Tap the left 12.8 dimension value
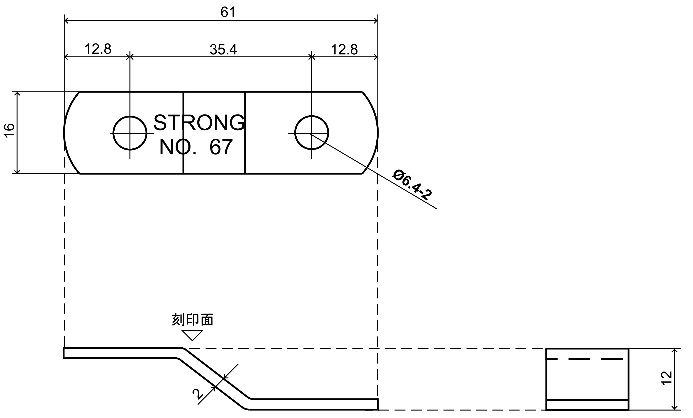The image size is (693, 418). click(x=98, y=49)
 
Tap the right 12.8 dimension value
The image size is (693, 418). click(x=344, y=50)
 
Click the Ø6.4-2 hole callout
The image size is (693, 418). click(x=412, y=185)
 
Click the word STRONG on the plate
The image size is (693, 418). click(x=199, y=123)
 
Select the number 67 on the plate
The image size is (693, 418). click(x=221, y=147)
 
